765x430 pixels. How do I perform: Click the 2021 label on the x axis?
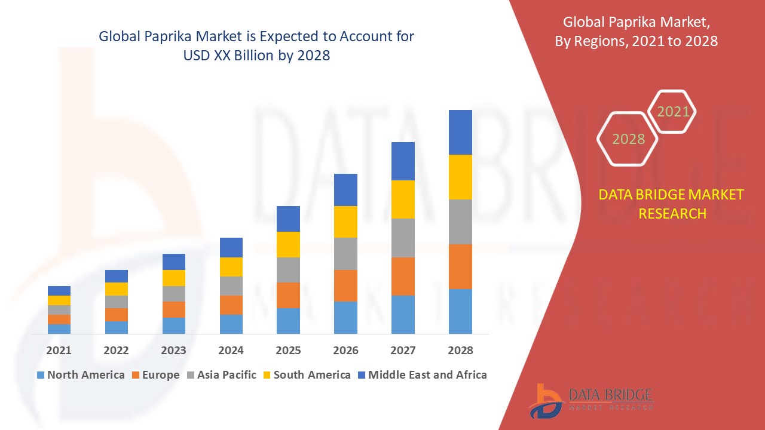(x=59, y=351)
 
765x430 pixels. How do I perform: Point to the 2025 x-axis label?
(x=288, y=351)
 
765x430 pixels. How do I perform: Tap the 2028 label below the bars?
(x=460, y=351)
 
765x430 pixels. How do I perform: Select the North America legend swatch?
(x=41, y=375)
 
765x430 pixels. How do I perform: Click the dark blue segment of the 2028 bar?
(x=460, y=132)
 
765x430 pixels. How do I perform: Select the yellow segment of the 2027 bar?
(x=403, y=199)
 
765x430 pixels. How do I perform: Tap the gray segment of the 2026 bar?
(x=345, y=254)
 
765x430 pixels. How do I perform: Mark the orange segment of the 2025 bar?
(x=288, y=295)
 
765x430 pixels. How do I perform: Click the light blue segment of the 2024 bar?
(x=231, y=324)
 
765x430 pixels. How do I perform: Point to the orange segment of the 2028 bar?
(x=460, y=266)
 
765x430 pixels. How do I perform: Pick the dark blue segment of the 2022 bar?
(x=116, y=276)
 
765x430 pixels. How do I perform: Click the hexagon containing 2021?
(x=673, y=112)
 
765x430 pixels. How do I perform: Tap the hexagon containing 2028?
(x=628, y=139)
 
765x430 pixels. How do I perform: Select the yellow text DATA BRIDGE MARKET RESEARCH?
(x=672, y=204)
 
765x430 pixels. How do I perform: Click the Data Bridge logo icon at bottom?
(x=545, y=400)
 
